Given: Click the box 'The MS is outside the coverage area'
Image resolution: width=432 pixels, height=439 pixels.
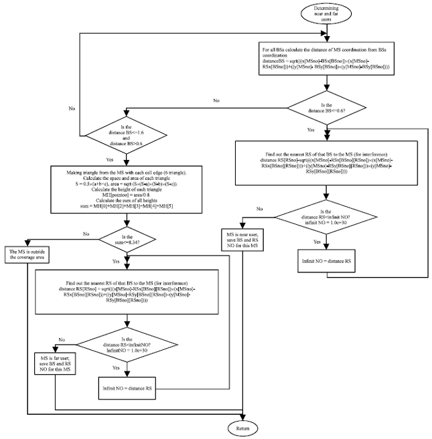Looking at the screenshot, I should click(28, 255).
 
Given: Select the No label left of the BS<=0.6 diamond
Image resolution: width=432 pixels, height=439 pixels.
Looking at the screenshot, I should click(216, 100).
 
